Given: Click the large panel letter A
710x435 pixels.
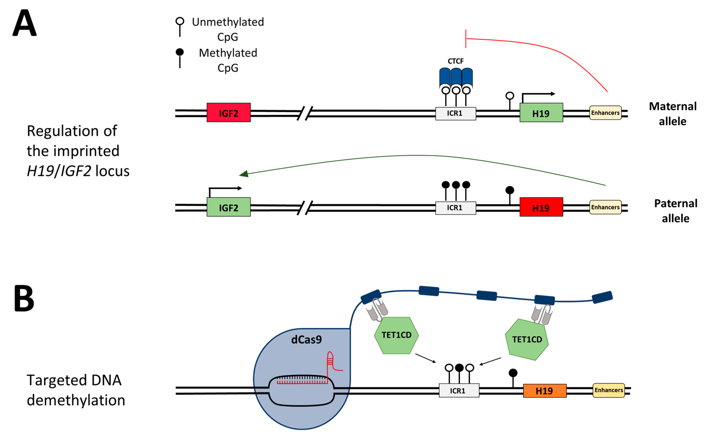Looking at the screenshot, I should click(25, 23).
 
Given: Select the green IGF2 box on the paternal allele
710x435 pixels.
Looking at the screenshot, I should click(228, 207).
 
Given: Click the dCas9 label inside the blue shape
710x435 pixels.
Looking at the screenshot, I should click(306, 340).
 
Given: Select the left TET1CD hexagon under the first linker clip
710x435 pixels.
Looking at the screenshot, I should click(396, 335).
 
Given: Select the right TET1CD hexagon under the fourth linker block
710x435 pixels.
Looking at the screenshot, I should click(527, 340).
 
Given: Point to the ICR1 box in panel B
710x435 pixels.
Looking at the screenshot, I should click(459, 391).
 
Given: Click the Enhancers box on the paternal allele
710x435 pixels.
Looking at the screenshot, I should click(605, 207).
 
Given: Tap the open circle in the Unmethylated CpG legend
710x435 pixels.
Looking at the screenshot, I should click(180, 21).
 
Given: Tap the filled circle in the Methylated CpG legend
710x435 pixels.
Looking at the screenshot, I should click(180, 52).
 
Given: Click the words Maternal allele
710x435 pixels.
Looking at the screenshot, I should click(673, 114).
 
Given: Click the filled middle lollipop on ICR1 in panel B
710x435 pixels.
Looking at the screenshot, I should click(459, 368).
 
